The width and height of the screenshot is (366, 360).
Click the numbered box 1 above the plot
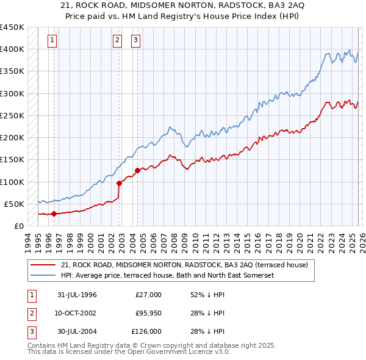tap(52, 41)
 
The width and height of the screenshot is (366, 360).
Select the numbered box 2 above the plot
tap(117, 41)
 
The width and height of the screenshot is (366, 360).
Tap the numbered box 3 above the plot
tap(135, 41)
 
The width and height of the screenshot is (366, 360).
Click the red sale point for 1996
tap(54, 214)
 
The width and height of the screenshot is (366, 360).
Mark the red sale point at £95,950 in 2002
tap(119, 182)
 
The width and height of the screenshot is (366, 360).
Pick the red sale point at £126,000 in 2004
tap(137, 170)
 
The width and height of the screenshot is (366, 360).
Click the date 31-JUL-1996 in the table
tap(77, 295)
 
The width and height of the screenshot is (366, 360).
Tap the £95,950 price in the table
tap(148, 313)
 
